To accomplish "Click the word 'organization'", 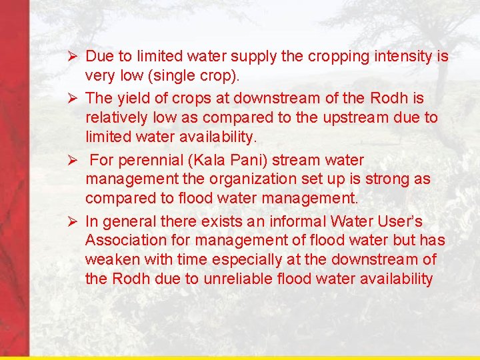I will tap(233, 179).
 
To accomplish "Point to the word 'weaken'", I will tap(111, 259).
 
